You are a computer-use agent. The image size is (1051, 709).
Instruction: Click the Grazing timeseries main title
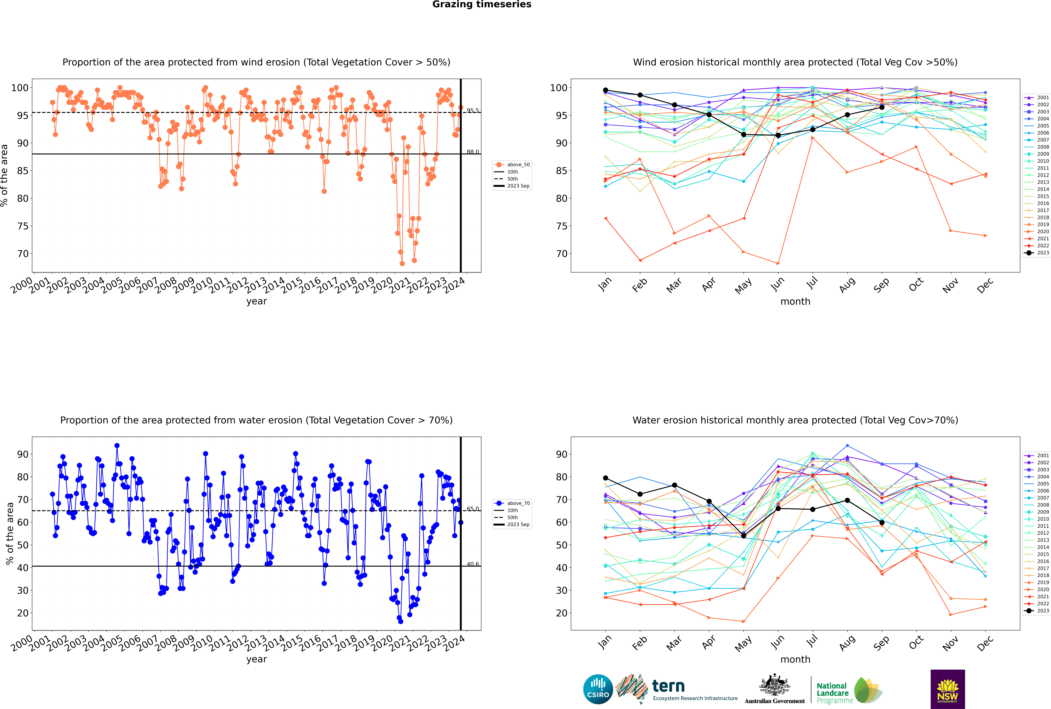[482, 4]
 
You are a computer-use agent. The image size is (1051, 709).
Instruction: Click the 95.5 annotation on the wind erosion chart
[473, 110]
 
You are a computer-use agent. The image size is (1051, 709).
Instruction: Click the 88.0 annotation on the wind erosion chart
[473, 152]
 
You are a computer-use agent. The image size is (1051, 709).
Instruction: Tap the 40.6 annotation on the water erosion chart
[473, 564]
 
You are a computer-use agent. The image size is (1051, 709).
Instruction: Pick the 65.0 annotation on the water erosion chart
[473, 509]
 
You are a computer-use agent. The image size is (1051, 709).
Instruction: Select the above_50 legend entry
[512, 165]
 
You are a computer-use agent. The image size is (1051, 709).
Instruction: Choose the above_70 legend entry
[512, 503]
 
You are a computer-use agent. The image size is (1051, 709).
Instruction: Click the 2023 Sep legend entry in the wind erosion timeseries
[512, 186]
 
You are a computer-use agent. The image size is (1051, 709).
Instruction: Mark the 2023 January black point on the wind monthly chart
[606, 90]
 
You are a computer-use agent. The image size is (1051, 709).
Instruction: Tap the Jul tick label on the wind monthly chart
[812, 283]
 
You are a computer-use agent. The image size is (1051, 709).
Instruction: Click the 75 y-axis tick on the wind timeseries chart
[23, 226]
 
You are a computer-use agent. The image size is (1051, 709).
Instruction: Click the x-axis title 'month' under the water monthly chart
[795, 659]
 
